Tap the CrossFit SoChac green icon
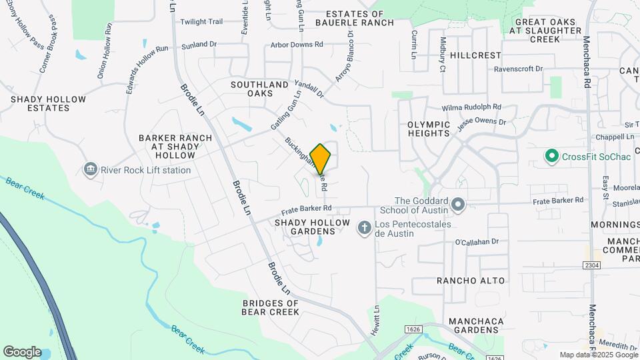pyautogui.click(x=551, y=157)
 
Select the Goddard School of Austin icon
pyautogui.click(x=458, y=205)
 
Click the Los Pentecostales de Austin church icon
pyautogui.click(x=364, y=229)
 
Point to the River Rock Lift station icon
pyautogui.click(x=90, y=170)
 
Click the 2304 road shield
pyautogui.click(x=591, y=265)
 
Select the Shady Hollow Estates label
pyautogui.click(x=48, y=103)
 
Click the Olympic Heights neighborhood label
pyautogui.click(x=429, y=129)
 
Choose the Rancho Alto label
pyautogui.click(x=471, y=281)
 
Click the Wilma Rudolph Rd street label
pyautogui.click(x=471, y=107)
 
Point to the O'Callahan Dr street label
pyautogui.click(x=477, y=243)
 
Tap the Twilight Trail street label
pyautogui.click(x=201, y=22)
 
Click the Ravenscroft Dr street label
pyautogui.click(x=519, y=69)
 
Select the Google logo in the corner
pyautogui.click(x=22, y=352)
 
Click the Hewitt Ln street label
pyautogui.click(x=376, y=321)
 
